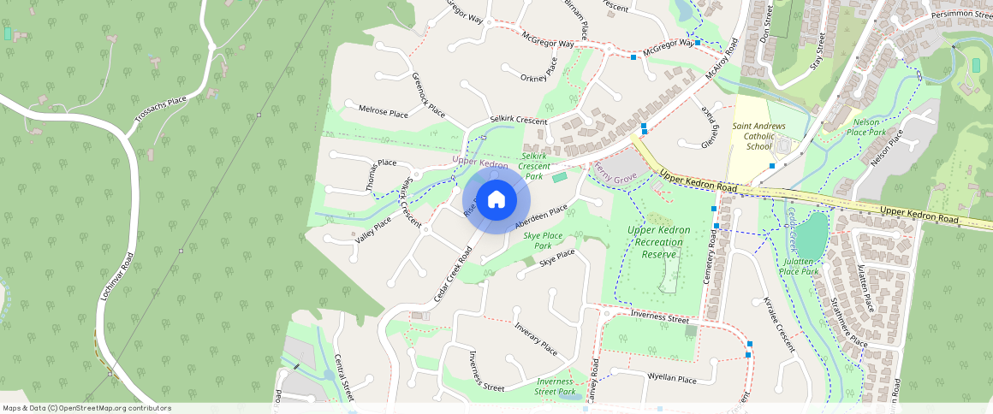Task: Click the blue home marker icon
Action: [x=496, y=199]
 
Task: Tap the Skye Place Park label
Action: [x=543, y=240]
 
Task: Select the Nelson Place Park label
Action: [x=865, y=128]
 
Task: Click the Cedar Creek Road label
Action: [x=454, y=274]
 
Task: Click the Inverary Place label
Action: [x=536, y=340]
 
